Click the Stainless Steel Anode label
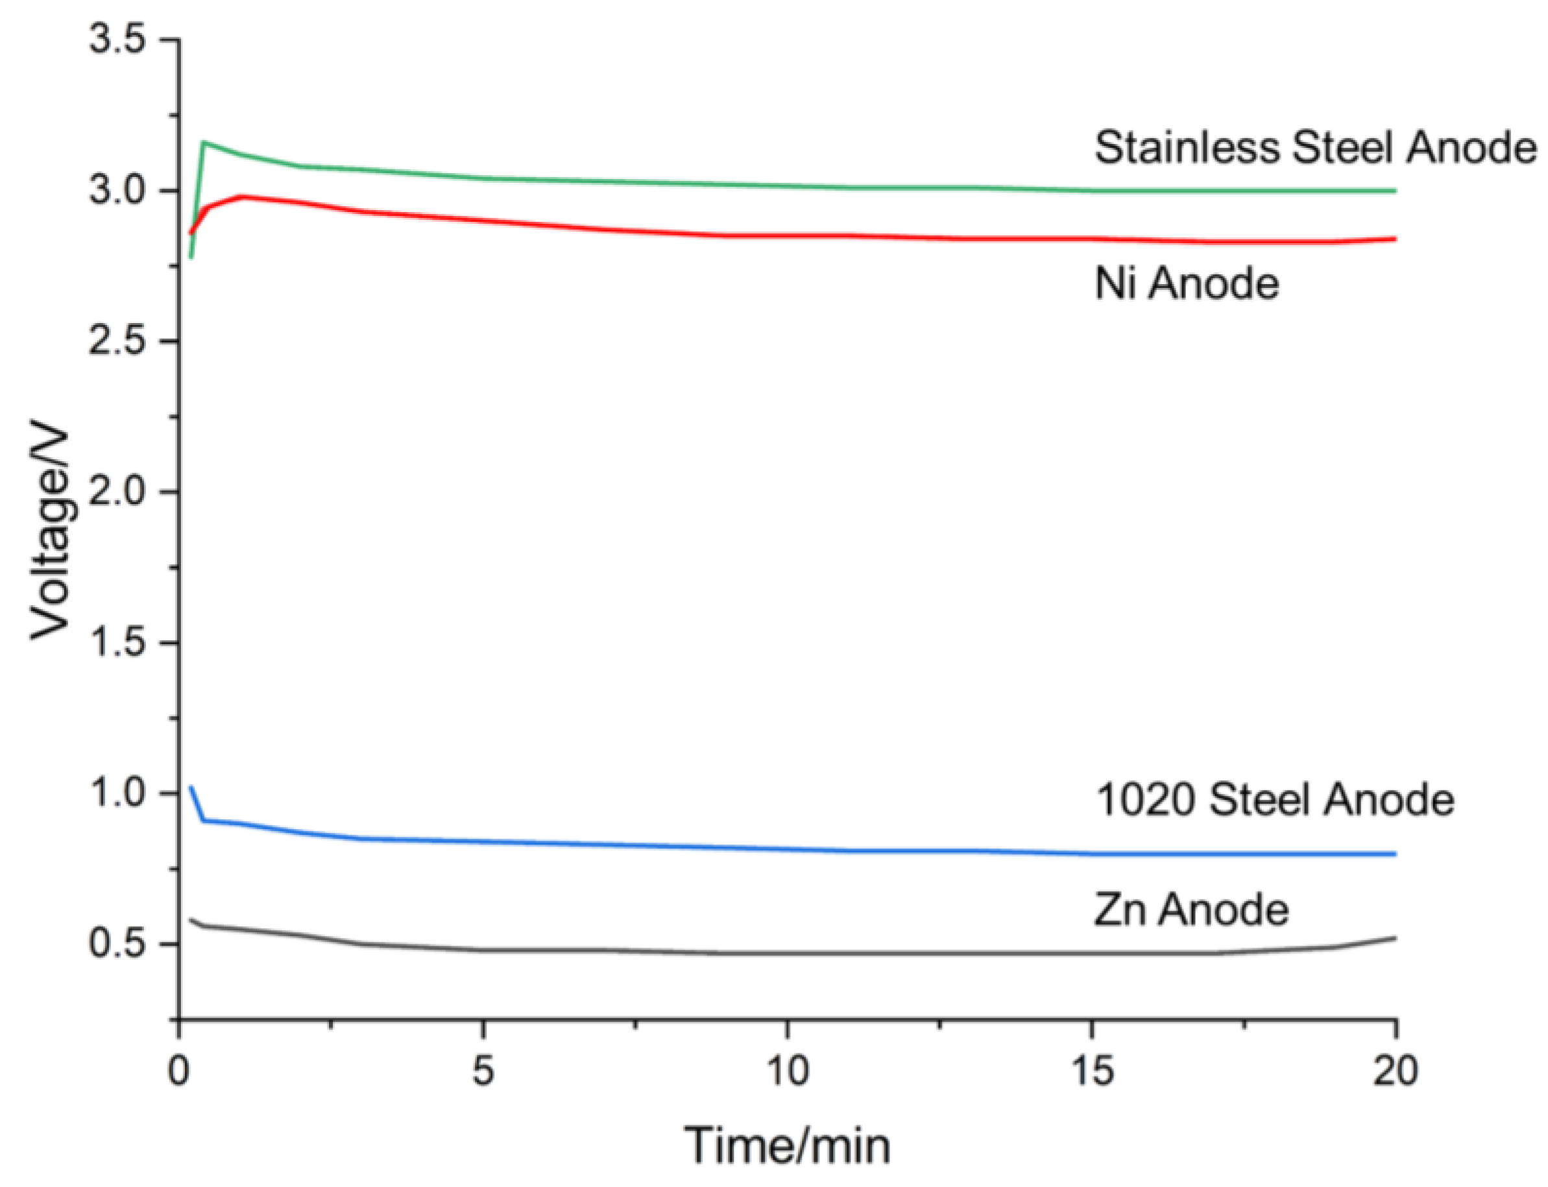coord(1315,149)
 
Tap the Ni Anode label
coord(1186,284)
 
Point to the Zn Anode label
coord(1191,909)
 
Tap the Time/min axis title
coord(787,1145)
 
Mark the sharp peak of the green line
coord(204,143)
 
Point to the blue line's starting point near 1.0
coord(190,786)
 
